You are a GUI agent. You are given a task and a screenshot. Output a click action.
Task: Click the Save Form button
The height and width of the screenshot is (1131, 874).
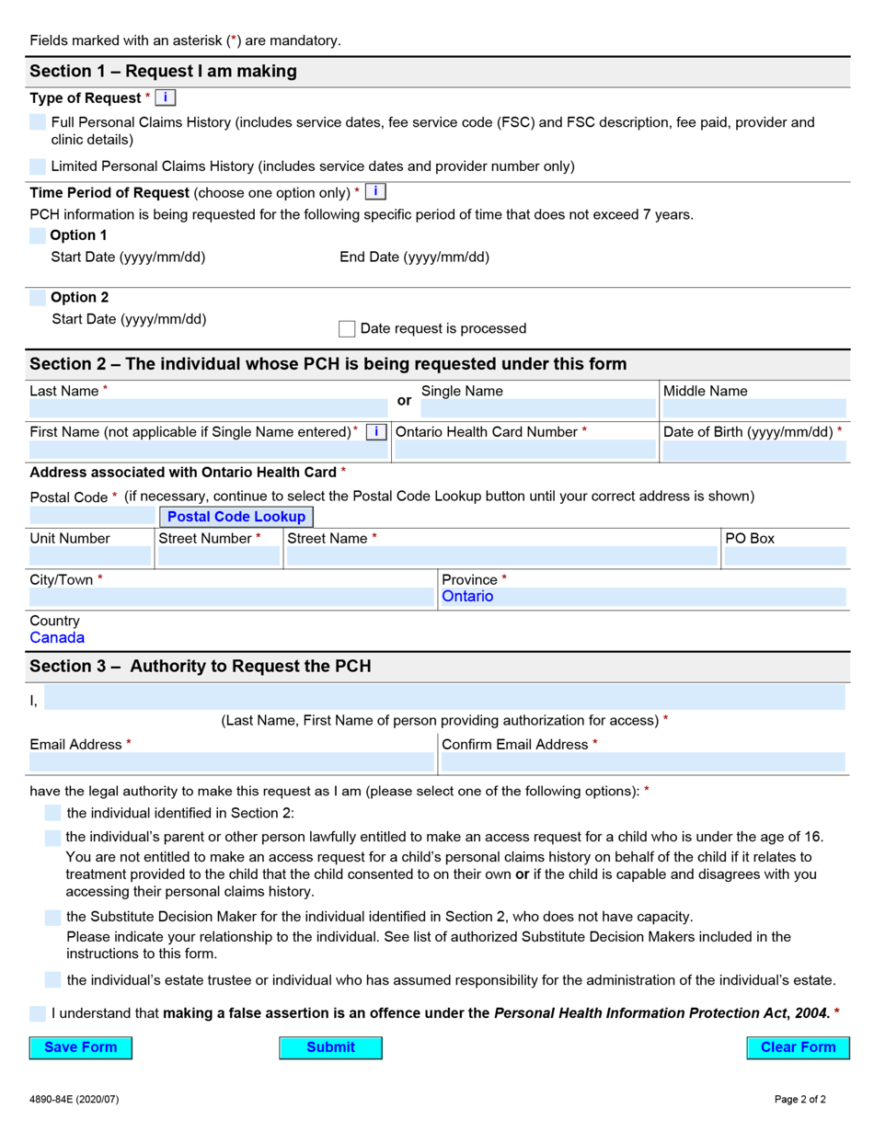tap(80, 1047)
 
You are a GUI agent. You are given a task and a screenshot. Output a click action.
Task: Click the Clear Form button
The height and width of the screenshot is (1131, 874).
tap(798, 1047)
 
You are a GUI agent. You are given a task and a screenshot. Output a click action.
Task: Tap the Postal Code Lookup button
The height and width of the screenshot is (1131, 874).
tap(236, 517)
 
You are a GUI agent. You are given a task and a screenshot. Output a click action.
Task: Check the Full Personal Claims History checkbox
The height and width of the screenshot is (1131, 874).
tap(38, 122)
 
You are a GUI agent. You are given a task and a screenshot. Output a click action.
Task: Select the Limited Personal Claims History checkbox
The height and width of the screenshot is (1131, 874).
tap(38, 166)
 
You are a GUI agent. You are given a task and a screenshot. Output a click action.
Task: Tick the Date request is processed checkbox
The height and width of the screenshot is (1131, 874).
tap(347, 328)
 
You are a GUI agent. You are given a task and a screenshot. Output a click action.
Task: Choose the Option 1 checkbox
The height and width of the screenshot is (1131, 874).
tap(38, 235)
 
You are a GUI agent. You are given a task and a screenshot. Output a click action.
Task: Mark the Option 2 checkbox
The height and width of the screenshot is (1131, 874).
tap(38, 298)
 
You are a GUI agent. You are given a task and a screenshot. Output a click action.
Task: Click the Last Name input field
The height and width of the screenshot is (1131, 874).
tap(208, 408)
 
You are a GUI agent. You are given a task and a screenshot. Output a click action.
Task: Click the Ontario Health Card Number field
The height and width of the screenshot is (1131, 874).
tap(524, 450)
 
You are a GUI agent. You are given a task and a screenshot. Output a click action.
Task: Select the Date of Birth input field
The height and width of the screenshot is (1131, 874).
tap(753, 450)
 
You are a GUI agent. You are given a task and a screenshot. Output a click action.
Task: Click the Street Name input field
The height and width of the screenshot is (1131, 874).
tap(501, 556)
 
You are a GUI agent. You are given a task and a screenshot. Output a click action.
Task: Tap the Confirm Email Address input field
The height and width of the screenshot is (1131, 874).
tap(642, 762)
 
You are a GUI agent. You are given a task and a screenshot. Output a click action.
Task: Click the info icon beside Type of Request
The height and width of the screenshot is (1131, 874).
tap(166, 97)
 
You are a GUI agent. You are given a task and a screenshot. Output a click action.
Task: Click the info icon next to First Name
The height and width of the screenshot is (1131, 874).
tap(375, 432)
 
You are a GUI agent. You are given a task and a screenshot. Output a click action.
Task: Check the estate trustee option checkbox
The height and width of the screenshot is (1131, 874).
tap(53, 980)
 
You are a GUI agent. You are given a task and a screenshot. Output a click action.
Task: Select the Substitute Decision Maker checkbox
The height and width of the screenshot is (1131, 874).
tap(53, 918)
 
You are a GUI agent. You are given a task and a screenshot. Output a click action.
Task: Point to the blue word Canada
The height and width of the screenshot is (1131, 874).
tap(57, 637)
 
